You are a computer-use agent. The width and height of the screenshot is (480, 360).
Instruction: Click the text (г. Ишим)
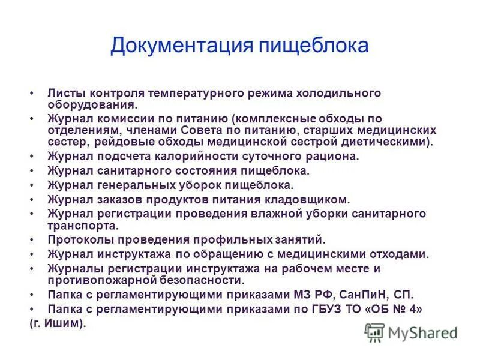click(58, 323)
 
